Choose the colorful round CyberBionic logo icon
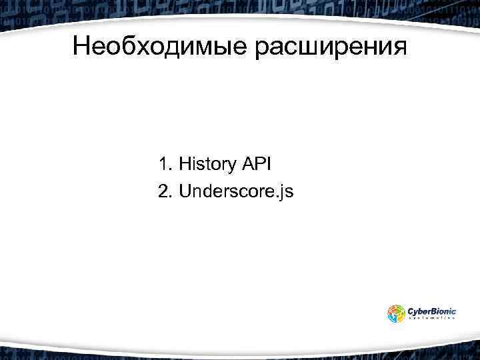click(396, 313)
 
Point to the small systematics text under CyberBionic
click(431, 319)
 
